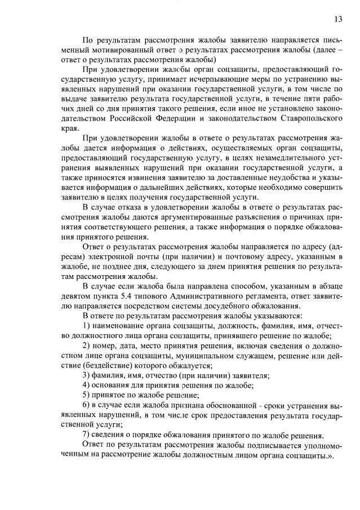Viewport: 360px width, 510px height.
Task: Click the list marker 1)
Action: point(87,326)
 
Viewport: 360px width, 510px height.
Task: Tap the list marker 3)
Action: point(87,375)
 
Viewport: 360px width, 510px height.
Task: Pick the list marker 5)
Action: point(87,395)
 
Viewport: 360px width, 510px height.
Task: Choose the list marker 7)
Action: point(87,435)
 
